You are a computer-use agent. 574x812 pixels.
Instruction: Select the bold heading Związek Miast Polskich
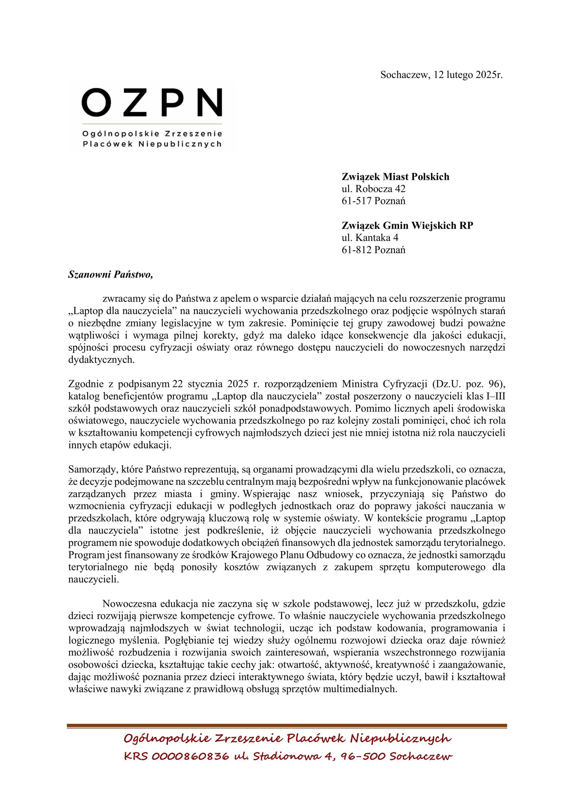pyautogui.click(x=395, y=176)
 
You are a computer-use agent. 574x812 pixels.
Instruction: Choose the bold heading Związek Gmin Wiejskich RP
pyautogui.click(x=407, y=225)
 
